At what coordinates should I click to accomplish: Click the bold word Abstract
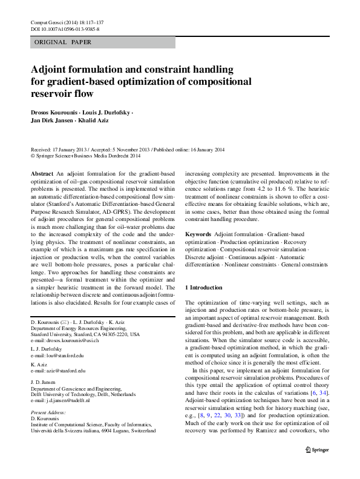42,174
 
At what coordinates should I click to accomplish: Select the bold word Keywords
198,234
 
